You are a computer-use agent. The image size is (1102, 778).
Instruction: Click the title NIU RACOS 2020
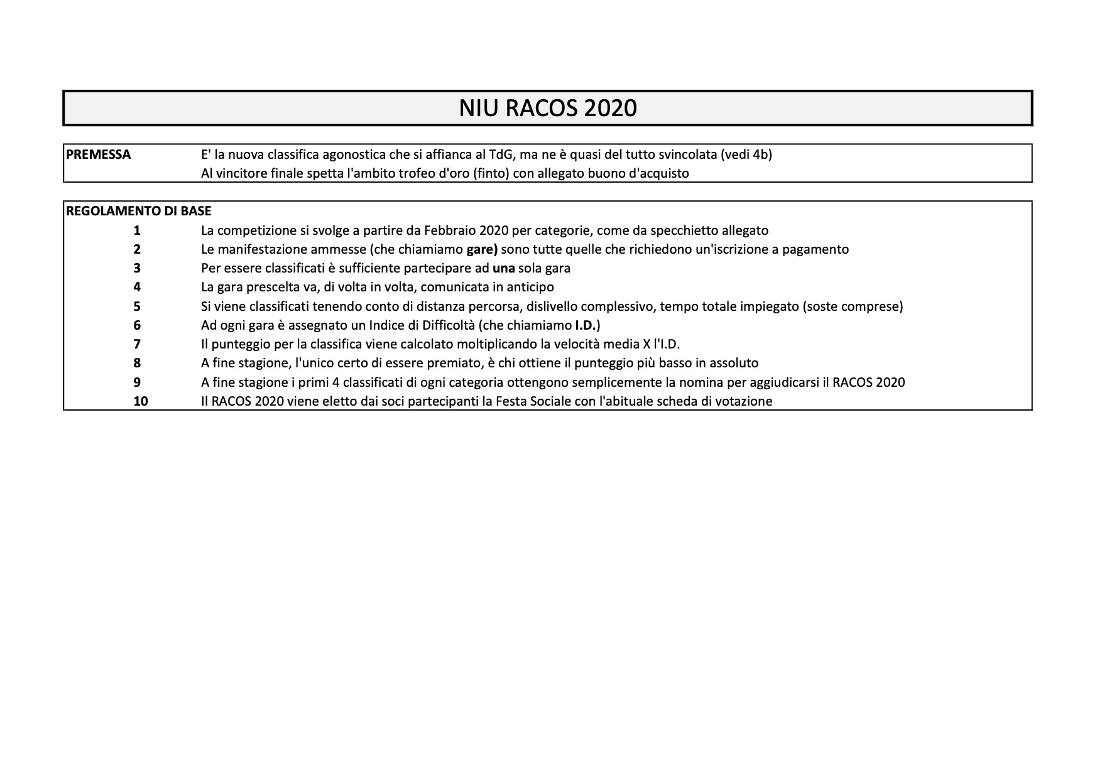548,108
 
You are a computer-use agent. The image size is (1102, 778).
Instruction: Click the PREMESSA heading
99,154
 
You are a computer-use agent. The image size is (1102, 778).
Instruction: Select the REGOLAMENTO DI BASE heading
139,211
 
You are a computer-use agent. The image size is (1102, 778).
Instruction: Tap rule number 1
137,230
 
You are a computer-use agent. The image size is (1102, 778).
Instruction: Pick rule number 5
137,306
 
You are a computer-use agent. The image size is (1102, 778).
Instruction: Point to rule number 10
141,401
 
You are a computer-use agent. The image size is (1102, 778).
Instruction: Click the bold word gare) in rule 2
482,249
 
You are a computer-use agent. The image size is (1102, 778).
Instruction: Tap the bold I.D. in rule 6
587,325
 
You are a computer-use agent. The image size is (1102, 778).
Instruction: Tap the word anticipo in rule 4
528,288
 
